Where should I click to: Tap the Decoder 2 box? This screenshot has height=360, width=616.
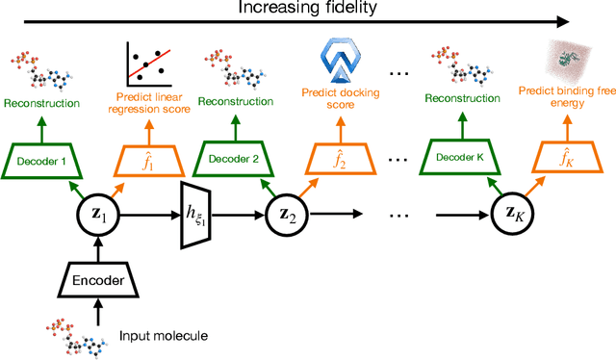(x=229, y=161)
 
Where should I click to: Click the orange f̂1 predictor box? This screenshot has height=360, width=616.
(x=153, y=162)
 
